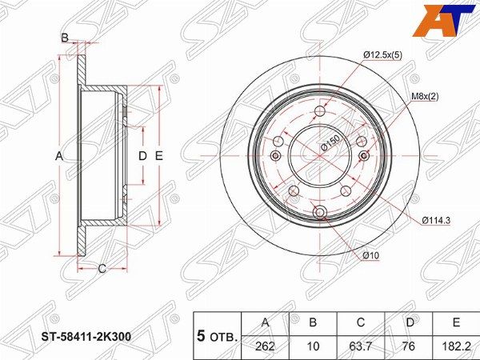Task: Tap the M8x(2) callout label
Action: coord(425,97)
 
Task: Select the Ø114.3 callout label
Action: coord(436,221)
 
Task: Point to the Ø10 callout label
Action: coord(371,255)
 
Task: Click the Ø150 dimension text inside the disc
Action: coord(330,143)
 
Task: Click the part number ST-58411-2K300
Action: coord(86,337)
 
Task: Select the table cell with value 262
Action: coord(265,346)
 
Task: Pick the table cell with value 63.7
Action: coord(361,346)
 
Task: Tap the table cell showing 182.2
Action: coord(456,346)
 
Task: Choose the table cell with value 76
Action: coord(409,346)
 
